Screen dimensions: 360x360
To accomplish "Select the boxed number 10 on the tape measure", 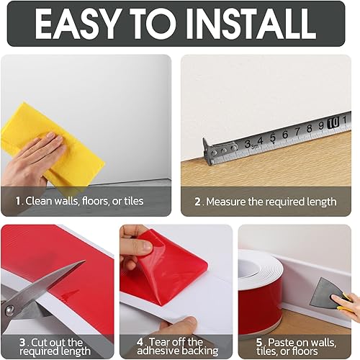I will (333, 123).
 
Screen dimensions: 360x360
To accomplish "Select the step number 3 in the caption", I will (23, 342).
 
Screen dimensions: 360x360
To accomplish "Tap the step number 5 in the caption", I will (260, 342).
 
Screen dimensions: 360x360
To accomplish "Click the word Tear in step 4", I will (160, 342).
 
